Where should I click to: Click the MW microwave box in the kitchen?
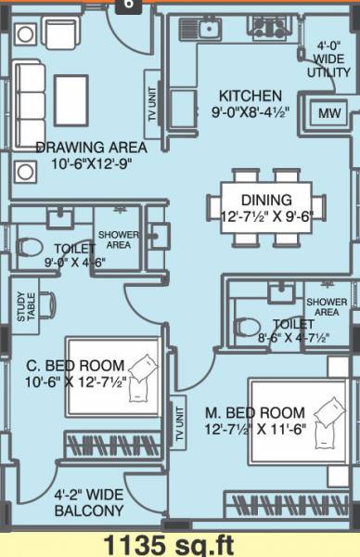325,113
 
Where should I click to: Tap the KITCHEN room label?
250,95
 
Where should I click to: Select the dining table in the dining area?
274,206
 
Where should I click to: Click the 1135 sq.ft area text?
179,543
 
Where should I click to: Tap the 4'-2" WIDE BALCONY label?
89,503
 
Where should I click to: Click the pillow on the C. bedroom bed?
142,367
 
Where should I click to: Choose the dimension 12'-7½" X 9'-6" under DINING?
266,217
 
